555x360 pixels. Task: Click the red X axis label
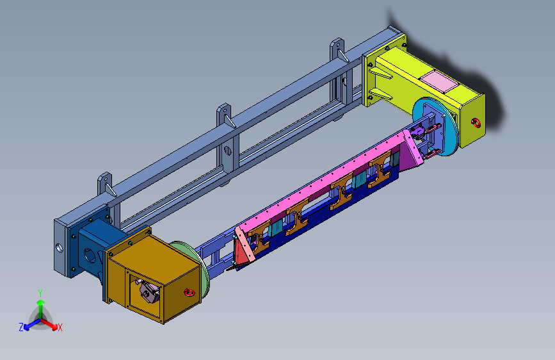60,327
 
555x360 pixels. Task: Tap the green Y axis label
40,293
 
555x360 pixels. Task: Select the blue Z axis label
21,327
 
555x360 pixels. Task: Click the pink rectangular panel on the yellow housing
439,81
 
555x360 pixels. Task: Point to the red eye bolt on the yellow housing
476,123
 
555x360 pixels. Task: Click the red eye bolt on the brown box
189,293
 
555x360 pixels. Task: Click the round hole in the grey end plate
60,248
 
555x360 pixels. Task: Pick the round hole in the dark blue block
90,255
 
